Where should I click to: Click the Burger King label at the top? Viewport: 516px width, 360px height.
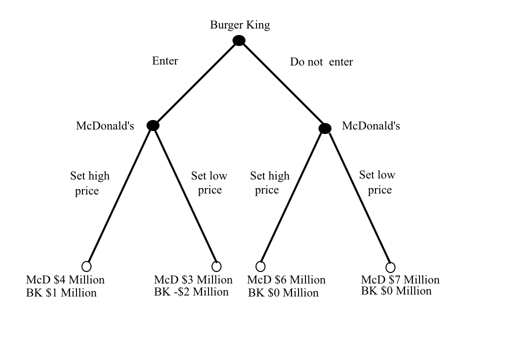pyautogui.click(x=239, y=25)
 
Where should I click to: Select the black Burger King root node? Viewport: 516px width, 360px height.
pyautogui.click(x=239, y=40)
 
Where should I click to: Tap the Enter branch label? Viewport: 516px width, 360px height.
pyautogui.click(x=165, y=61)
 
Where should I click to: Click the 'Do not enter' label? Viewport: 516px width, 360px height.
pyautogui.click(x=321, y=62)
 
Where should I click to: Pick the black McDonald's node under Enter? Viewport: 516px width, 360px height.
pyautogui.click(x=153, y=125)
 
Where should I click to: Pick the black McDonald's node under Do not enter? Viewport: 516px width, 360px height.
pyautogui.click(x=325, y=128)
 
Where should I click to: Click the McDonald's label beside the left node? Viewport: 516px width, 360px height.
pyautogui.click(x=105, y=126)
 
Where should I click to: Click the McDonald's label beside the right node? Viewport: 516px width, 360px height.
pyautogui.click(x=371, y=126)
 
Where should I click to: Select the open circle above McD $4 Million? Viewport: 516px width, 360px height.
pyautogui.click(x=86, y=266)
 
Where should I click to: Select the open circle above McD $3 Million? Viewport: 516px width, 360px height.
pyautogui.click(x=216, y=266)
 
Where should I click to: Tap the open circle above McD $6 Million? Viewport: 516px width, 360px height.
pyautogui.click(x=260, y=266)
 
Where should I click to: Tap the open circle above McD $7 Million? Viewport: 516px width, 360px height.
pyautogui.click(x=390, y=267)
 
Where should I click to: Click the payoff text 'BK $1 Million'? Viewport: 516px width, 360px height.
pyautogui.click(x=61, y=293)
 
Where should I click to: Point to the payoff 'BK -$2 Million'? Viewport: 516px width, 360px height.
pyautogui.click(x=191, y=292)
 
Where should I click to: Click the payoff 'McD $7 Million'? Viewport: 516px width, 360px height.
pyautogui.click(x=400, y=279)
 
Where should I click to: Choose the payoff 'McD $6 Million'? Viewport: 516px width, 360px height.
pyautogui.click(x=286, y=280)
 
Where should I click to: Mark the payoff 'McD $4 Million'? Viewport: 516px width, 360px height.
pyautogui.click(x=65, y=280)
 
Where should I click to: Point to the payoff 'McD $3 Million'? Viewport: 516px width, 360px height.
pyautogui.click(x=193, y=280)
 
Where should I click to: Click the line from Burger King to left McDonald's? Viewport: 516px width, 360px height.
pyautogui.click(x=196, y=83)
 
